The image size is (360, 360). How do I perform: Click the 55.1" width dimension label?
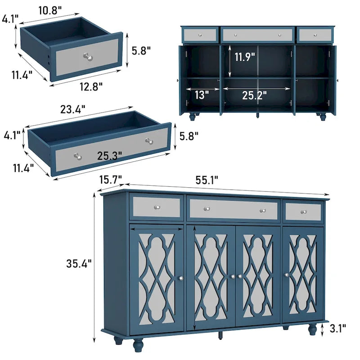click(x=207, y=180)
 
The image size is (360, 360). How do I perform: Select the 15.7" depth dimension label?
click(x=111, y=180)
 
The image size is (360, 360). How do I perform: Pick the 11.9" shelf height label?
click(x=245, y=57)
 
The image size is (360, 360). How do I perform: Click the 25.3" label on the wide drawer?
click(x=109, y=156)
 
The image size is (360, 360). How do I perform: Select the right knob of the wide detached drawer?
click(x=148, y=141)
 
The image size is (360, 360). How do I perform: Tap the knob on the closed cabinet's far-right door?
click(x=286, y=275)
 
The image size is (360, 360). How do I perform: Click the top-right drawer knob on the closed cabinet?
click(x=303, y=211)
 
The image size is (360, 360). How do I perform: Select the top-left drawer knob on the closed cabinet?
click(x=157, y=207)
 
